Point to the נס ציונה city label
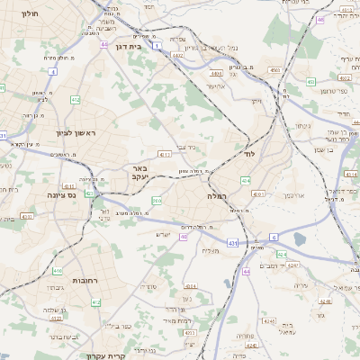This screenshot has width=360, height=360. tap(67, 193)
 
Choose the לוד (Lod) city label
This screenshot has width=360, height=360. tap(249, 155)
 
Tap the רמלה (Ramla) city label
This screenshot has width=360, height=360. tap(218, 195)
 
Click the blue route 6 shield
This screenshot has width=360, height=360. tap(272, 237)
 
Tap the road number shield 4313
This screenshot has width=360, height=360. tap(27, 216)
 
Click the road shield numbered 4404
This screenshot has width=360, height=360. tap(215, 73)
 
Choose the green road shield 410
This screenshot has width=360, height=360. tap(58, 270)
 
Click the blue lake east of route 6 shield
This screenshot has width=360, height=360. tap(299, 239)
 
